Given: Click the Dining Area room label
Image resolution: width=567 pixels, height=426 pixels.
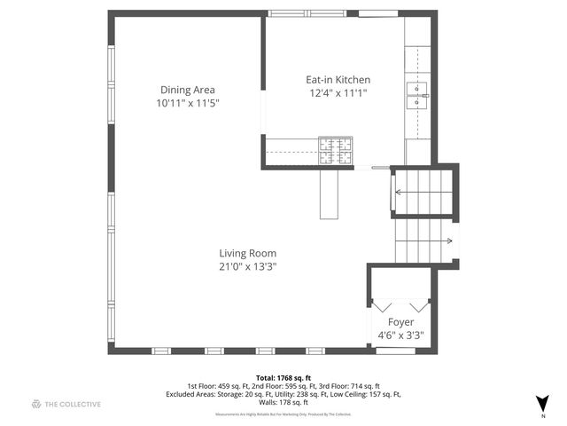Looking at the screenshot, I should tap(187, 90).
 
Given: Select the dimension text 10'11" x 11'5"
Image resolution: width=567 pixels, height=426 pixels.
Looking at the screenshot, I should tap(187, 104).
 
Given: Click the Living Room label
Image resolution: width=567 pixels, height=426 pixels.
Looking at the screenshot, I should tap(248, 253).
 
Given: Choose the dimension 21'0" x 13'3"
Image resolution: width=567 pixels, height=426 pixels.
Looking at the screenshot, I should tap(248, 267).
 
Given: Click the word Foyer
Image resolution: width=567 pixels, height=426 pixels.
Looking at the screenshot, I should tap(401, 321).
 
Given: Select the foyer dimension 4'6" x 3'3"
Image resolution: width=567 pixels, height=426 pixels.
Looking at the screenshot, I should tap(401, 335).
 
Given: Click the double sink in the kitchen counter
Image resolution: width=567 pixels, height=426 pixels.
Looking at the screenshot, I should tap(417, 95).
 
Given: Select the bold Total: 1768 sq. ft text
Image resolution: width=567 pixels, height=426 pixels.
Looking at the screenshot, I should tap(283, 377).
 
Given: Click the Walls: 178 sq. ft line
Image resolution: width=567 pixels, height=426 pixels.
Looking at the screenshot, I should tap(283, 404).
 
